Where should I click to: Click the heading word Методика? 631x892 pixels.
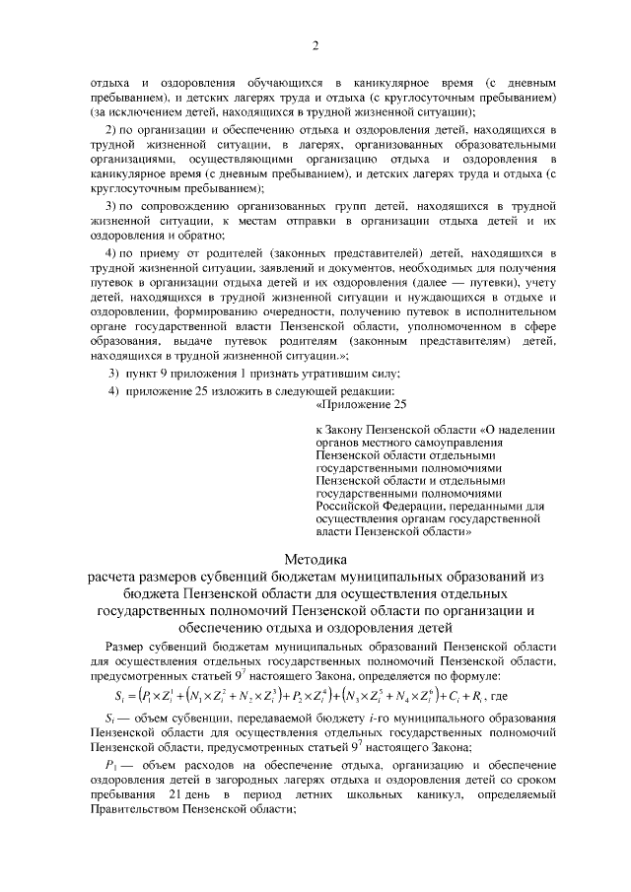coord(315,559)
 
